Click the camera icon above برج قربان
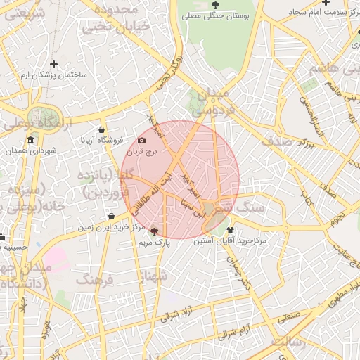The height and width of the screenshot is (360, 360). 141,141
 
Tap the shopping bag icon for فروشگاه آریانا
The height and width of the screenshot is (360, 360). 103,129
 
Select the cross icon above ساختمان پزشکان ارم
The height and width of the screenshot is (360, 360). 53,65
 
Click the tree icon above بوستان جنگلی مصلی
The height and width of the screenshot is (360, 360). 214,5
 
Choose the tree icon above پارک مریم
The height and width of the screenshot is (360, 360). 154,231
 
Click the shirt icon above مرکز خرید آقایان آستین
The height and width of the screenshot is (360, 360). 231,229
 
